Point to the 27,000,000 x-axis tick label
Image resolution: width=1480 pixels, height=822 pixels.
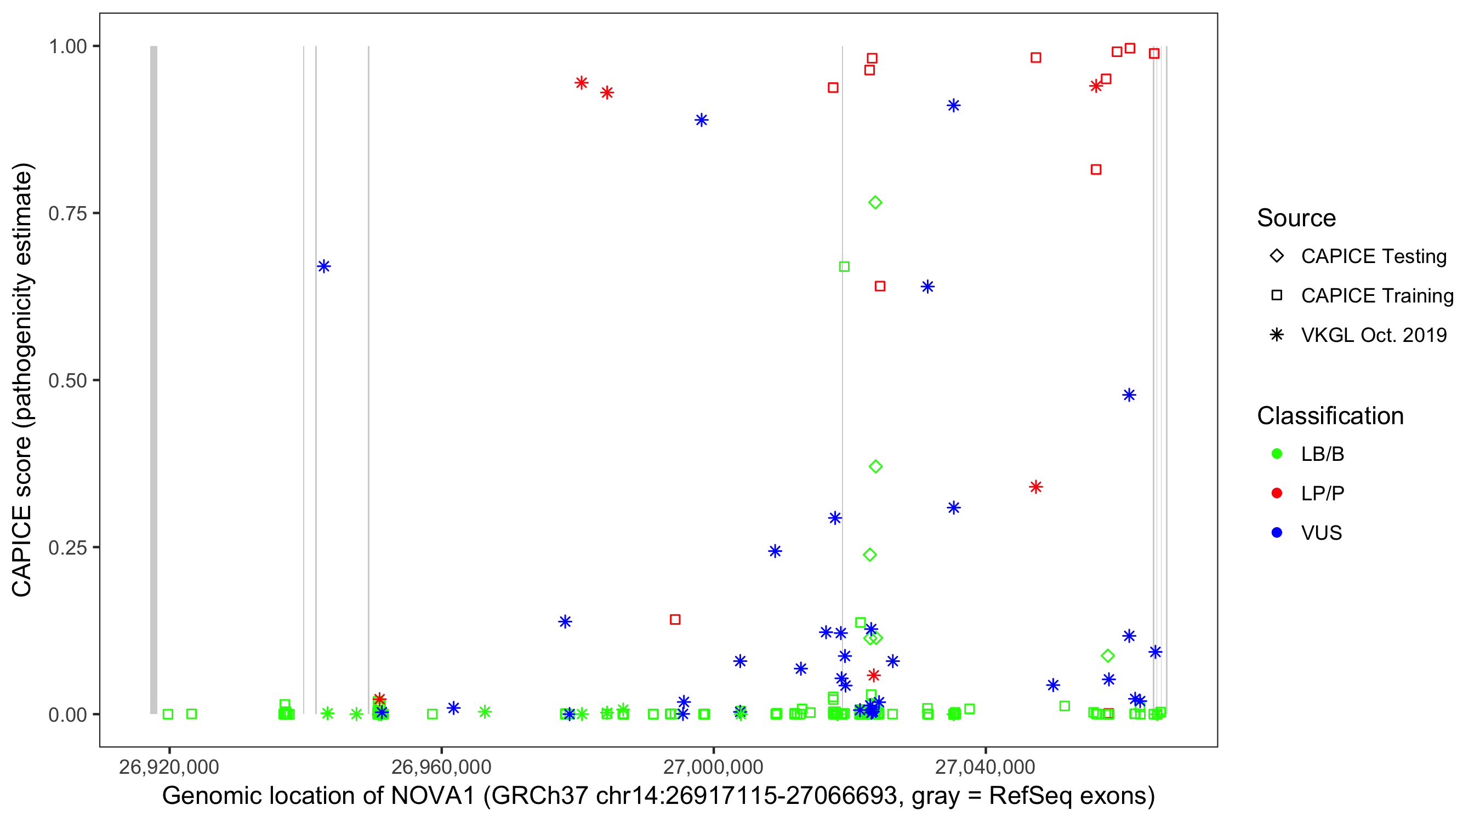pos(713,767)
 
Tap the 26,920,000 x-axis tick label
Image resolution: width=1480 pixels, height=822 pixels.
pos(169,767)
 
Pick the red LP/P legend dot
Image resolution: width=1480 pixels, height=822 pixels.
pos(1277,493)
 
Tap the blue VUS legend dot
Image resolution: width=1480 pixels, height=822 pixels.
pos(1277,533)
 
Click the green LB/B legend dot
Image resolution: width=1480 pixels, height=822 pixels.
pos(1277,454)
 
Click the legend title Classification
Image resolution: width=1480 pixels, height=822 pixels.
pos(1330,416)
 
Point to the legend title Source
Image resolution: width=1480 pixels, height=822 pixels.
pos(1296,218)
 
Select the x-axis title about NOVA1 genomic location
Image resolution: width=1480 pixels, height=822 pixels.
pos(658,796)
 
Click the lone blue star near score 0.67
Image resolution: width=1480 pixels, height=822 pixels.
pos(324,266)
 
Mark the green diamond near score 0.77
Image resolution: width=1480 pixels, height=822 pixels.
pos(875,203)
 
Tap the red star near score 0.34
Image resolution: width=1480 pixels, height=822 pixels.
pos(1036,487)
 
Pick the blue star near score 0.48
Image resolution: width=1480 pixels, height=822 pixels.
pos(1129,395)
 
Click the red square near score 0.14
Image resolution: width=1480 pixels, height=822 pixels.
pos(675,620)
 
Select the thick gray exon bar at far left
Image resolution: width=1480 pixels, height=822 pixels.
pos(153,379)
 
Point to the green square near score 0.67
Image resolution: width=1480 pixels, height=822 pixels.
pos(844,266)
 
